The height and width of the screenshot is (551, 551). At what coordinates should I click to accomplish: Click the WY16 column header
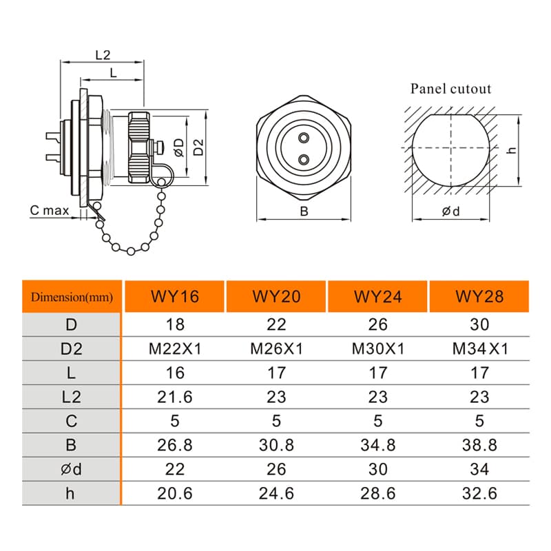[175, 296]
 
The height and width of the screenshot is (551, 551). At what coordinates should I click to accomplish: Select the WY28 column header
[479, 296]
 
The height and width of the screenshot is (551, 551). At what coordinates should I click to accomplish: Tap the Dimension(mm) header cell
[72, 297]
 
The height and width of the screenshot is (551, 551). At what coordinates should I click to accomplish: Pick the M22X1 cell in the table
[175, 349]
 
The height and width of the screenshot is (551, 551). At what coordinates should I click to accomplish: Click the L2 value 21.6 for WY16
[175, 397]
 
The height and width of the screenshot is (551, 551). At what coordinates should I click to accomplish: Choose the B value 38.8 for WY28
[479, 445]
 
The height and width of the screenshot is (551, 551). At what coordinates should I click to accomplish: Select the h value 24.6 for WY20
[276, 493]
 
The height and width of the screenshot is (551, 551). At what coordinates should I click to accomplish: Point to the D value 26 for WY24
[377, 324]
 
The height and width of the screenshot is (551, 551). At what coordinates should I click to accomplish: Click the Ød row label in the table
[72, 469]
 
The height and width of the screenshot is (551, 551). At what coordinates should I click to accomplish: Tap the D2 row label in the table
[72, 349]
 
